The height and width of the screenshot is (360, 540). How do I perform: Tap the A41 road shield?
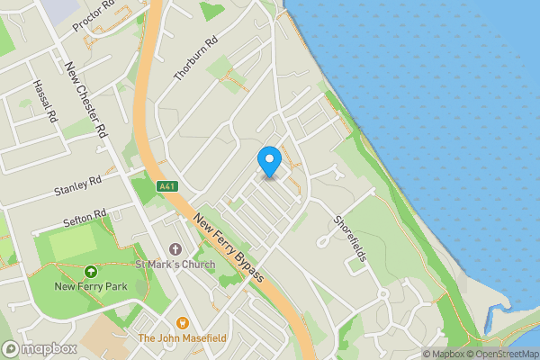[x=165, y=186]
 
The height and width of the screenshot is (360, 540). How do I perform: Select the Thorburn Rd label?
[x=196, y=59]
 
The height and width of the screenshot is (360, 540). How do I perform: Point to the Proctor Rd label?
[x=94, y=15]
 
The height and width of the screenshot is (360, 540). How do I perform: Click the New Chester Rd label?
[x=87, y=99]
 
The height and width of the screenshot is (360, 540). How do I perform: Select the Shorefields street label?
[x=350, y=238]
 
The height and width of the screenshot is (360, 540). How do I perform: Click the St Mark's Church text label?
[x=175, y=265]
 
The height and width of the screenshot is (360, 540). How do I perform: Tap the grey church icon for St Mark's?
[x=175, y=248]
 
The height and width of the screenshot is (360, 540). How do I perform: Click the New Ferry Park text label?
[x=90, y=287]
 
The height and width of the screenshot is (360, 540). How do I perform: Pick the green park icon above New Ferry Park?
[x=90, y=271]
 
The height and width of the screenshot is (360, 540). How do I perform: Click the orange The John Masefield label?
[x=182, y=338]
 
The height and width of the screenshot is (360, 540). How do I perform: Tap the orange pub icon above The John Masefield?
[x=182, y=322]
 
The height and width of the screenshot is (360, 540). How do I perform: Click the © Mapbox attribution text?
[x=444, y=354]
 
